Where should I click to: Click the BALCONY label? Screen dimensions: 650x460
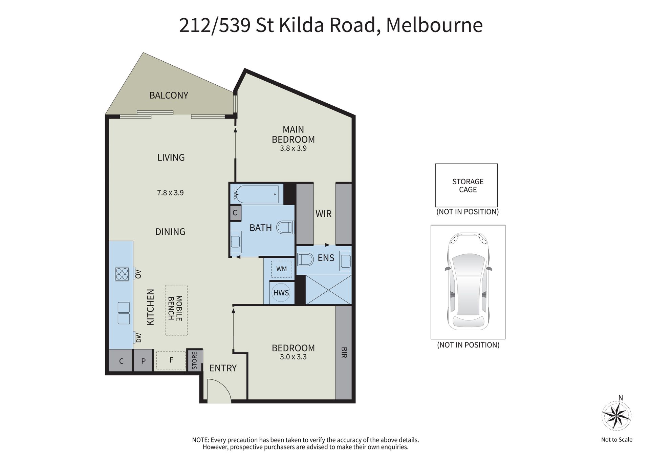[169, 96]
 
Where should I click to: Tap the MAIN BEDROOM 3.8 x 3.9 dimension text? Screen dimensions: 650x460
[293, 148]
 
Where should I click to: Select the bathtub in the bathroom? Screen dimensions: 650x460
[257, 194]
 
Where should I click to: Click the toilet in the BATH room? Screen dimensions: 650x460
[285, 227]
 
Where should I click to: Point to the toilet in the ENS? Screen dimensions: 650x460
[305, 260]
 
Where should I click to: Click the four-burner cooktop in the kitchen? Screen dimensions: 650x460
[122, 274]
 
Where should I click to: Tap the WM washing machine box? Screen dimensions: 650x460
[281, 269]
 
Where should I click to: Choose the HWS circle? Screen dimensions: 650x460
[281, 293]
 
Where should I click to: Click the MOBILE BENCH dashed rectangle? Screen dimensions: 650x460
[176, 310]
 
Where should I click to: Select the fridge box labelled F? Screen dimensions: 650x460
[171, 360]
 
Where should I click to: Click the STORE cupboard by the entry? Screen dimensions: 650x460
[195, 360]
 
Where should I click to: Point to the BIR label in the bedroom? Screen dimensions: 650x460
[344, 352]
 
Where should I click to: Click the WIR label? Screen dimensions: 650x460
[324, 214]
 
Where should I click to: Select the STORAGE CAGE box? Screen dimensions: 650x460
[467, 185]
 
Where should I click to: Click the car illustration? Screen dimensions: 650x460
[468, 281]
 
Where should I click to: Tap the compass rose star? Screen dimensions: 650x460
[616, 415]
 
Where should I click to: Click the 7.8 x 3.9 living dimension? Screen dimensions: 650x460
[170, 193]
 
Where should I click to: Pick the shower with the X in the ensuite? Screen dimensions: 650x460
[328, 290]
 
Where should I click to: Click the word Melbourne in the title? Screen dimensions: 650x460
[434, 25]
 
